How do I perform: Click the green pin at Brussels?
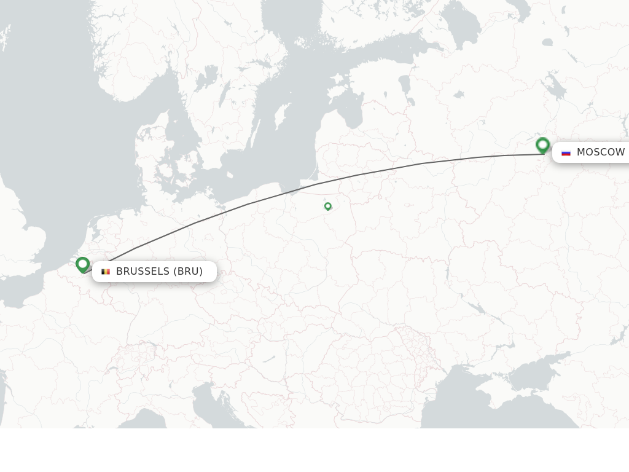click(x=83, y=264)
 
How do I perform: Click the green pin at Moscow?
click(x=542, y=145)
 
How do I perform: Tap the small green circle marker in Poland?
click(x=328, y=206)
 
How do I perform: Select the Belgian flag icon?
click(x=106, y=272)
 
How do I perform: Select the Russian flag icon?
click(x=566, y=152)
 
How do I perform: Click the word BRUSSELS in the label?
click(x=143, y=272)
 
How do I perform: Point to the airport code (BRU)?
click(x=188, y=272)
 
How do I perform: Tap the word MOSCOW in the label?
click(x=600, y=152)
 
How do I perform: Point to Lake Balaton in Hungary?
click(x=269, y=358)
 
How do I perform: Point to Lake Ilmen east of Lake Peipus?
click(x=458, y=95)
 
